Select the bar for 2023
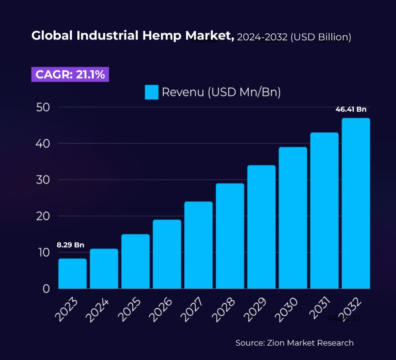(72, 274)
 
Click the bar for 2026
(167, 254)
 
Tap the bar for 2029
(261, 227)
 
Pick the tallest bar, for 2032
(356, 203)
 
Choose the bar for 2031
(324, 211)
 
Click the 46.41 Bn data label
(351, 110)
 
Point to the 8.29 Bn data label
(70, 245)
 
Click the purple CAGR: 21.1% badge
(70, 74)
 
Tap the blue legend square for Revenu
(152, 93)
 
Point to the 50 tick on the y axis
(43, 107)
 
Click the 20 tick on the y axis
(43, 216)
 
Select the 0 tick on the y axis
(46, 289)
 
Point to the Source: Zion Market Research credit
(294, 343)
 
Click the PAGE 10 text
(343, 319)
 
